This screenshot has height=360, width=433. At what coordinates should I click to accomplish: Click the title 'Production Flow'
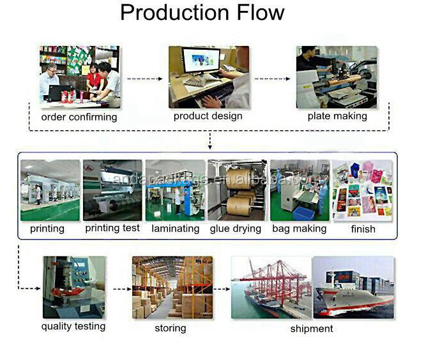(202, 13)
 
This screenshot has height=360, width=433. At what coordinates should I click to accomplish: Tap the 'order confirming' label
(79, 117)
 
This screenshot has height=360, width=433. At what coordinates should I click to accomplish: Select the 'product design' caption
(208, 116)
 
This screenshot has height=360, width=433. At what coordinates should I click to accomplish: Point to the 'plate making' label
(337, 116)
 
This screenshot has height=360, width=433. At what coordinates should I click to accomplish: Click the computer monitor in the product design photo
(201, 63)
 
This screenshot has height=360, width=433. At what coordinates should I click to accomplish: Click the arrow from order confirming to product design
(144, 79)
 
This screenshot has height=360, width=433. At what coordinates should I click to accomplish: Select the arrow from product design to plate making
(273, 79)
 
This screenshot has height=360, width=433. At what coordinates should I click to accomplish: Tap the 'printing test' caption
(112, 228)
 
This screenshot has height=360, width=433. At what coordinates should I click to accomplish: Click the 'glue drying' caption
(236, 228)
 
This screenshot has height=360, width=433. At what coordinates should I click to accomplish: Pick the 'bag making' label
(299, 228)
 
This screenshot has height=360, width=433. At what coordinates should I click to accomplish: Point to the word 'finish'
(362, 229)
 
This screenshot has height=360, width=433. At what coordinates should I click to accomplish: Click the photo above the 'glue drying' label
(237, 190)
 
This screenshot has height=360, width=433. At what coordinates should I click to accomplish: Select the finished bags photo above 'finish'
(362, 190)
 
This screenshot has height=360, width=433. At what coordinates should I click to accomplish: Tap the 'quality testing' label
(73, 327)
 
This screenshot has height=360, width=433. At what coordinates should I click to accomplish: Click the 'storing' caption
(171, 328)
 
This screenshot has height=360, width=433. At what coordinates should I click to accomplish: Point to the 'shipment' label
(312, 329)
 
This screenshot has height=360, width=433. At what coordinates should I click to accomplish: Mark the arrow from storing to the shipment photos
(221, 289)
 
